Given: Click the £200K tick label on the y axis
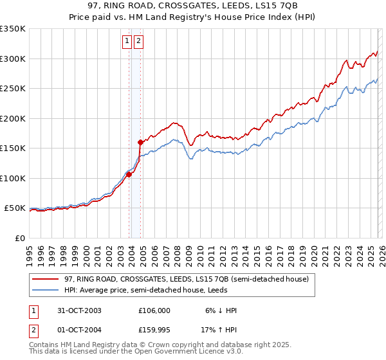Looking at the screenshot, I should [x=13, y=118].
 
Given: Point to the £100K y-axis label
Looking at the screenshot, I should [x=13, y=178].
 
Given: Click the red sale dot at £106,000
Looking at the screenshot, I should [x=129, y=174].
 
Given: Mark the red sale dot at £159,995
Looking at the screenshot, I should [x=140, y=142].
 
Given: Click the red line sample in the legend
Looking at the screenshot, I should [x=46, y=280].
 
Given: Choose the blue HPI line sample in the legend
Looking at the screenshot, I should [x=46, y=290].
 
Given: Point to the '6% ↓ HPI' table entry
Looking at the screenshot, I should [x=221, y=310].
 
